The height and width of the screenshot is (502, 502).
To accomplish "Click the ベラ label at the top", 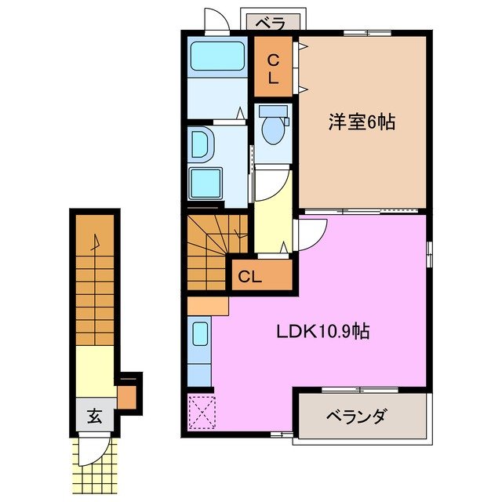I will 269,23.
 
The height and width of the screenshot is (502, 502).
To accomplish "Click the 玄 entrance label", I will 95,417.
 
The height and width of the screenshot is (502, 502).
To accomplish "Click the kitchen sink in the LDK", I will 199,335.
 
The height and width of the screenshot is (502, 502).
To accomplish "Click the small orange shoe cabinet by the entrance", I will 127,395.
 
